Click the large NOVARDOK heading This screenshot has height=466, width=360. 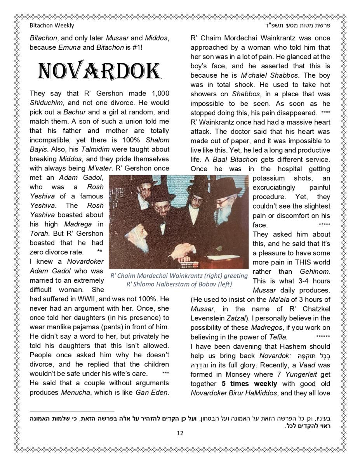pyautogui.click(x=99, y=71)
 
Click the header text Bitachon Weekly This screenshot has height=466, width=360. pyautogui.click(x=52, y=26)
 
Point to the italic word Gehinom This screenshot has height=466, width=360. pyautogui.click(x=315, y=271)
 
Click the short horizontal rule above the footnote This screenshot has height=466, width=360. pyautogui.click(x=72, y=410)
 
